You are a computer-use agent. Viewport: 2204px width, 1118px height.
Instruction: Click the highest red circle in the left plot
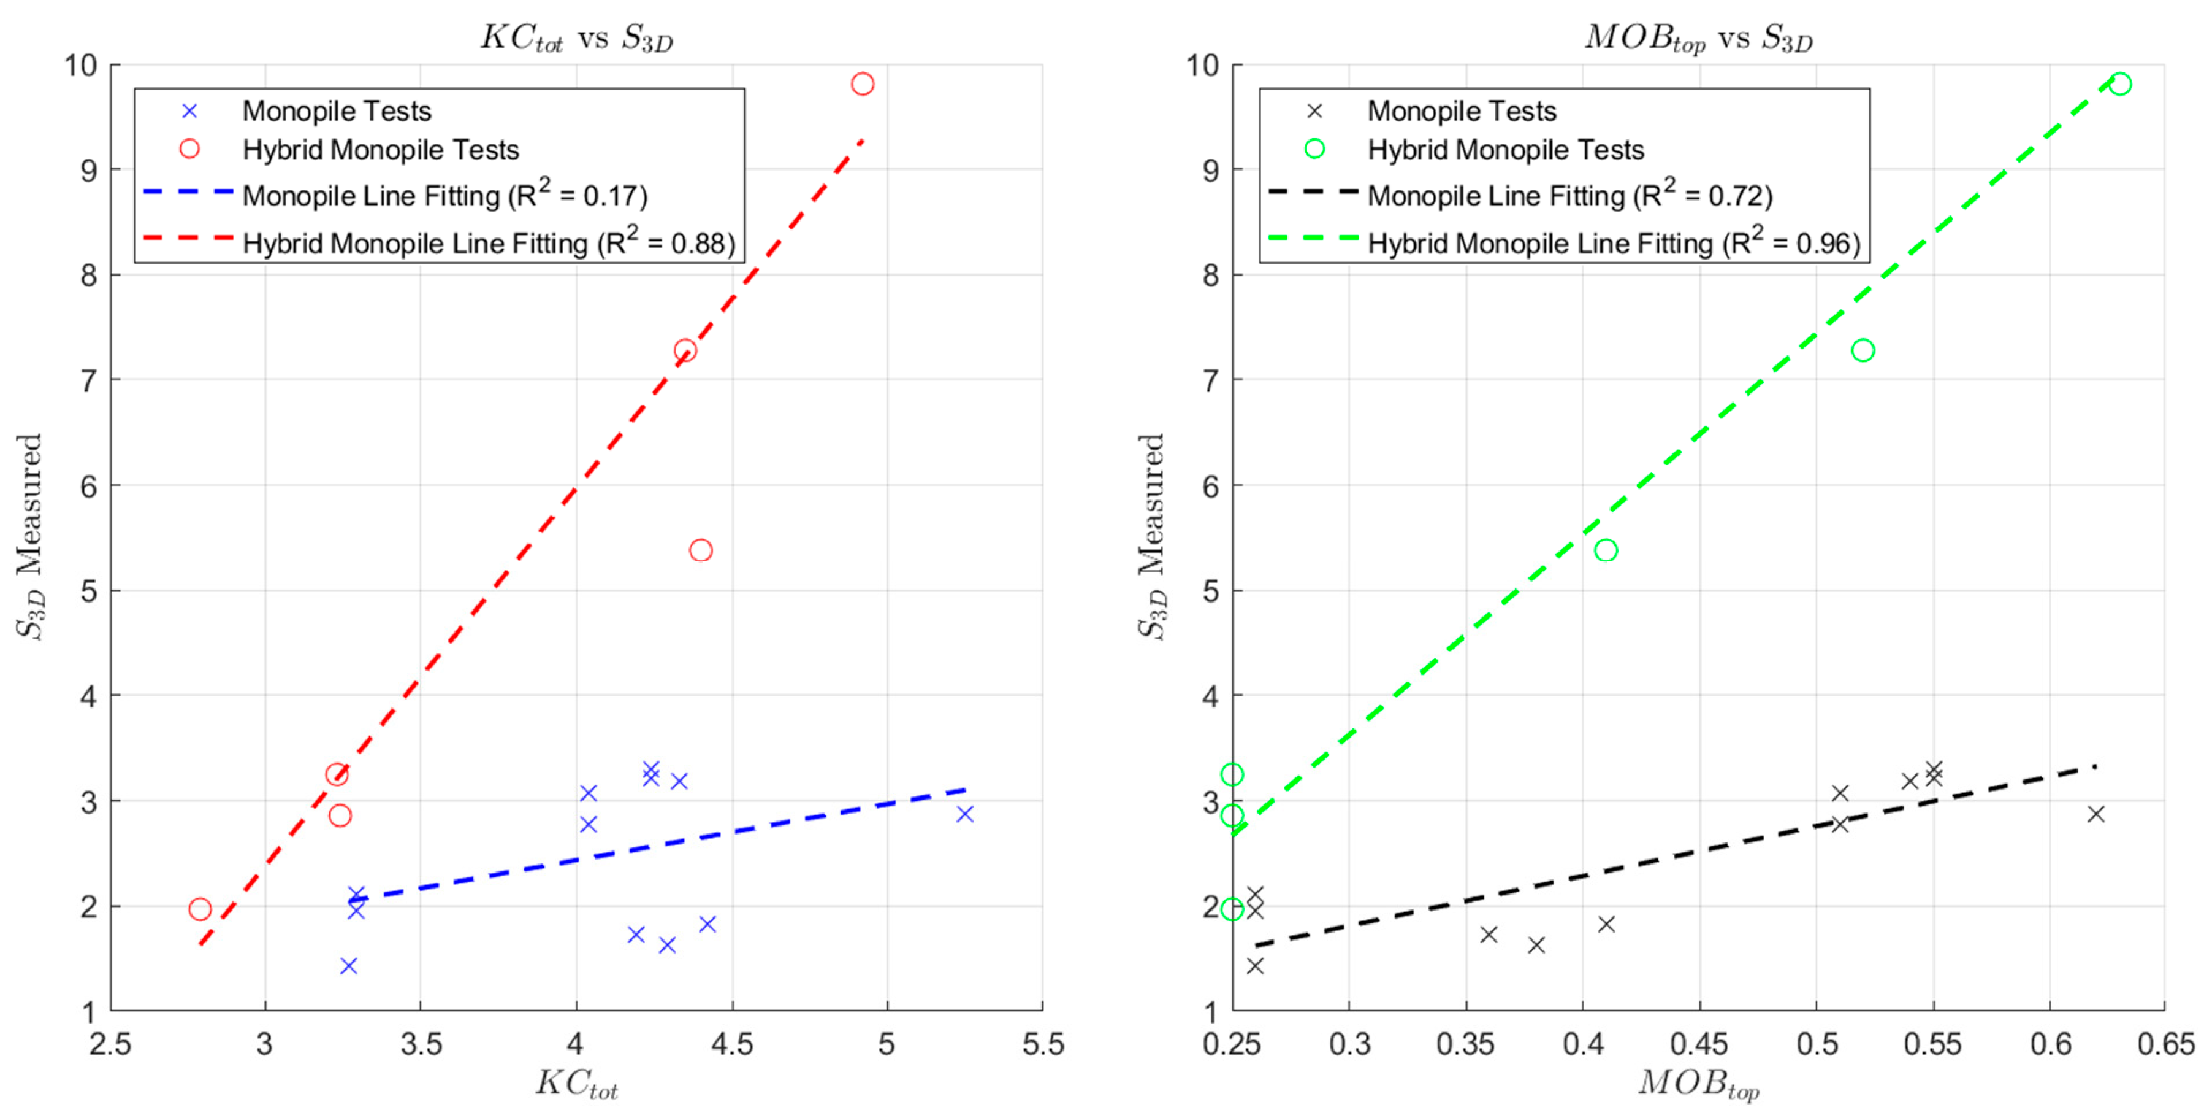click(863, 84)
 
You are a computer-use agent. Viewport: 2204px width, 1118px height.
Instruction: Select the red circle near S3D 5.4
click(701, 550)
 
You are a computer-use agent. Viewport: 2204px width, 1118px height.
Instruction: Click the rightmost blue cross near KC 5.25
click(965, 814)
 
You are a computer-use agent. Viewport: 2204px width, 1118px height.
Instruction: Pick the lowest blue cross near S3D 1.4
click(348, 966)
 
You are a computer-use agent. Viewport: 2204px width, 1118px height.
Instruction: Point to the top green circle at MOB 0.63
click(2120, 84)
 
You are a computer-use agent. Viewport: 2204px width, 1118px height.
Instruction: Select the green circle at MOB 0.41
click(1606, 550)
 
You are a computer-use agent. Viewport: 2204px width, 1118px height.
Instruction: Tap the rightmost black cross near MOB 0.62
click(2096, 814)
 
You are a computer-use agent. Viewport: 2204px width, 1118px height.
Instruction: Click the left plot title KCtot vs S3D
click(577, 39)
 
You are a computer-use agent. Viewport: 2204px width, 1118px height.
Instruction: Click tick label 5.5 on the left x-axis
click(1043, 1045)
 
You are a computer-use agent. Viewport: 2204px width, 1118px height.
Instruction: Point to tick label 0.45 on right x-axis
click(1699, 1045)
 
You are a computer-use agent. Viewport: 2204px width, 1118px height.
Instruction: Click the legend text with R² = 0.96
click(1614, 243)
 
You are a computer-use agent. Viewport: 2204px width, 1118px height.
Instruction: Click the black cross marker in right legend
click(1315, 111)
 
